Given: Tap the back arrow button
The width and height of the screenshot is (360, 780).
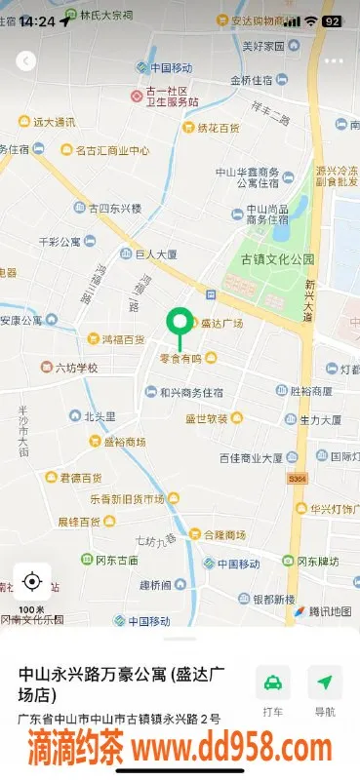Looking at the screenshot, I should (x=26, y=60).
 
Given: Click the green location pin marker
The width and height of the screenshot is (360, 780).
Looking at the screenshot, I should (x=180, y=323).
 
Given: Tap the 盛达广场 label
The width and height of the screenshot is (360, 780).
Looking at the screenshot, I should (x=221, y=324).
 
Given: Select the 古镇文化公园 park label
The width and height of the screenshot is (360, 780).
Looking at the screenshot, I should (x=278, y=259).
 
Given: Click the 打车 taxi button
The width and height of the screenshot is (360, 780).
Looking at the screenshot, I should (x=273, y=690).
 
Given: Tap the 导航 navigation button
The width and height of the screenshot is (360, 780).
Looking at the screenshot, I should (x=324, y=690).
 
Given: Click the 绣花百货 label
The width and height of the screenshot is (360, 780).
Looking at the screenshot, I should (x=218, y=128).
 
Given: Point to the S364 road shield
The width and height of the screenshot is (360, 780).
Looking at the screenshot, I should (x=298, y=480).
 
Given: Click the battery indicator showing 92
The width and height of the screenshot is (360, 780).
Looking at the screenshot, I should (x=332, y=19).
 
